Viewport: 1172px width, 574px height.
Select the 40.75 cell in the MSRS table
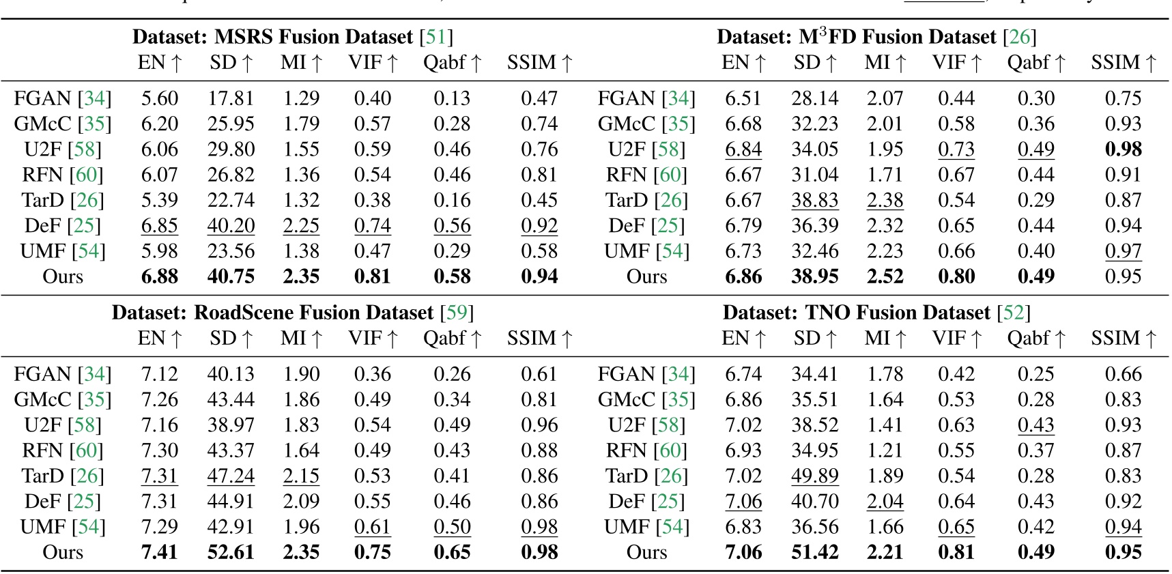(x=231, y=276)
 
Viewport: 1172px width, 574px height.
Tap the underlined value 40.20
(x=231, y=226)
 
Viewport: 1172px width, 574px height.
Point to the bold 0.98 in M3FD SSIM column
(x=1123, y=149)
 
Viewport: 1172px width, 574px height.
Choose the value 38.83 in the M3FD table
(x=814, y=201)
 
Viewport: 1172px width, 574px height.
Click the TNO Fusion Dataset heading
(x=876, y=313)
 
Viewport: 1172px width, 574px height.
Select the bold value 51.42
(x=814, y=552)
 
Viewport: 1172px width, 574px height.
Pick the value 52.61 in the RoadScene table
(x=231, y=552)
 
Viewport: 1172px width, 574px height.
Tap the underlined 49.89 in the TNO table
(x=814, y=476)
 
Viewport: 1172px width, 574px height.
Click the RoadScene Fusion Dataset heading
(x=292, y=313)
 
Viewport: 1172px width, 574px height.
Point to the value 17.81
(x=231, y=98)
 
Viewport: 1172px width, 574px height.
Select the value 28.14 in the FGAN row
(x=814, y=98)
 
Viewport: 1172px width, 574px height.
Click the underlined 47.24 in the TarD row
(x=231, y=476)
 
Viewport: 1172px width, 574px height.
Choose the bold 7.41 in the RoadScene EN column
(x=159, y=552)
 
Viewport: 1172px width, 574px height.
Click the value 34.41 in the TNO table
(x=814, y=374)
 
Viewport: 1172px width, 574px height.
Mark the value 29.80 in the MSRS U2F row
(x=231, y=149)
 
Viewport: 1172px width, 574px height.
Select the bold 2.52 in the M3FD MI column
(x=885, y=276)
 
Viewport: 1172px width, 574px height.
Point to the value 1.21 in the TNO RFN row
(x=885, y=450)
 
